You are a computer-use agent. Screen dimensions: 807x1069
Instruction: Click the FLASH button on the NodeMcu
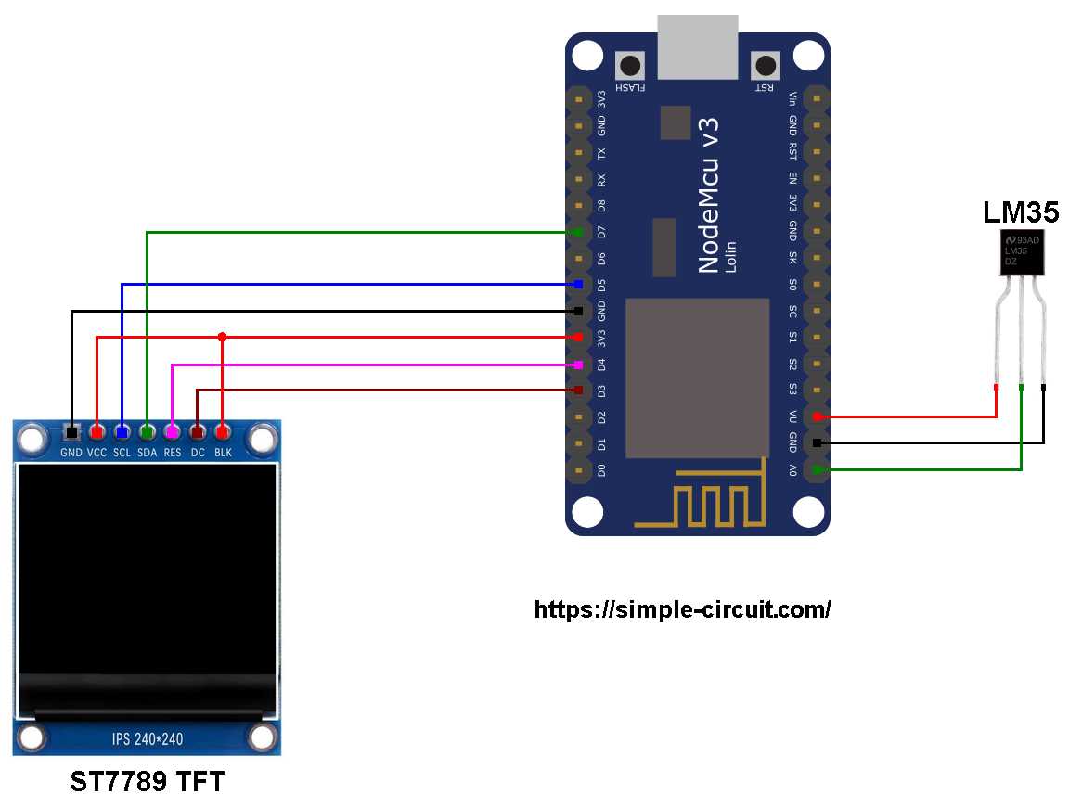click(x=632, y=67)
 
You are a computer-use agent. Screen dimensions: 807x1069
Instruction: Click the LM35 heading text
click(x=1021, y=212)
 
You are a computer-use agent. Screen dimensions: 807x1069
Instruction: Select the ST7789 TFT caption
click(x=148, y=782)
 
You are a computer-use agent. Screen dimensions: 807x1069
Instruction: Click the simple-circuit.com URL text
click(x=682, y=609)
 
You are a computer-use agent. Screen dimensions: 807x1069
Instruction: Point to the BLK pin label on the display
click(x=223, y=453)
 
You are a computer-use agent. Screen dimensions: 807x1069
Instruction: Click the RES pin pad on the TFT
click(x=172, y=431)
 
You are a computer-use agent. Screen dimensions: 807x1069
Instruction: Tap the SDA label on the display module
click(x=148, y=453)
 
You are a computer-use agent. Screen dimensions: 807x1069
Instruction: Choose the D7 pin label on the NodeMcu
click(x=601, y=231)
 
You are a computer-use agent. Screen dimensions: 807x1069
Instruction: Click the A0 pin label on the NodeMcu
click(x=792, y=471)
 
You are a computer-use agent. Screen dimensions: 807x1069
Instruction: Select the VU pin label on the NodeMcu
click(x=792, y=417)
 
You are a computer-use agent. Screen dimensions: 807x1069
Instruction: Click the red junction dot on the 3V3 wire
click(x=222, y=337)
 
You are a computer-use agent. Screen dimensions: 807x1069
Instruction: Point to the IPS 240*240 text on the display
click(x=148, y=739)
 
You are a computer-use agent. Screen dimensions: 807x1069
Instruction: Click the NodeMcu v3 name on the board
click(x=709, y=195)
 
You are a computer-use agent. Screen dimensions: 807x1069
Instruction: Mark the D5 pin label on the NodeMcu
click(x=601, y=284)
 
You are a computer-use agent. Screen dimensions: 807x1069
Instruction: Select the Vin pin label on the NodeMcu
click(x=792, y=97)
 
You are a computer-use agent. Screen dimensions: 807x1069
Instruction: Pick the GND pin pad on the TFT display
click(x=71, y=431)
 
